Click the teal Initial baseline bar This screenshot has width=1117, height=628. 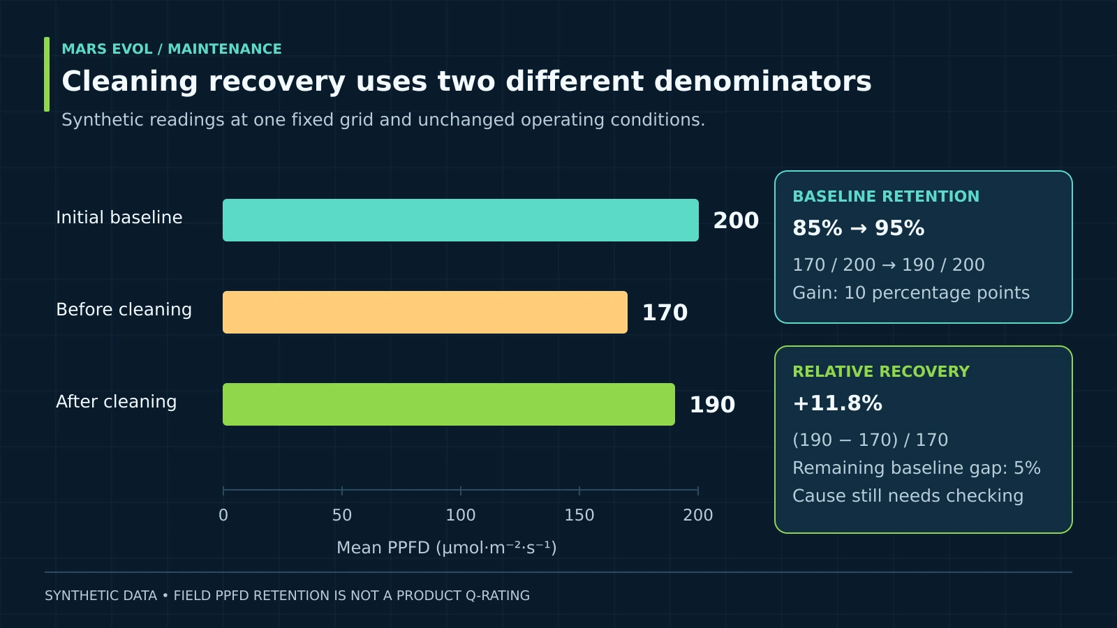460,220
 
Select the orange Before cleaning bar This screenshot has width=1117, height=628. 425,313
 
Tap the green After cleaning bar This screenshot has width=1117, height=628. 449,404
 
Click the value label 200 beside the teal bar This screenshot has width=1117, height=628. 736,220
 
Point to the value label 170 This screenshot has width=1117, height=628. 665,313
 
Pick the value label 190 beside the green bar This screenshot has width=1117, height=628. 712,405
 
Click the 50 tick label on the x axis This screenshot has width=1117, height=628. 342,515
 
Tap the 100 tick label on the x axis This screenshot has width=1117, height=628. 461,515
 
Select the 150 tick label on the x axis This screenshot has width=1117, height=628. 579,515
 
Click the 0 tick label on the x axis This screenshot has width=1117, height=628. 223,515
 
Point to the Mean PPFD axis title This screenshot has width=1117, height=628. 446,548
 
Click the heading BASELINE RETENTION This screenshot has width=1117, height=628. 886,196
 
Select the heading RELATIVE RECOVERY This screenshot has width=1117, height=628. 881,371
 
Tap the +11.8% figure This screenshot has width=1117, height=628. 837,403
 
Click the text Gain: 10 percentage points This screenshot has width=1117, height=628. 911,292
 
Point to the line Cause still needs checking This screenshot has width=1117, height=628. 908,496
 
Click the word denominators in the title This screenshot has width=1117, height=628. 763,81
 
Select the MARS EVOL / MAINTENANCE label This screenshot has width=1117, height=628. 172,49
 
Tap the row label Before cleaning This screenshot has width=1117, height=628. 124,310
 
